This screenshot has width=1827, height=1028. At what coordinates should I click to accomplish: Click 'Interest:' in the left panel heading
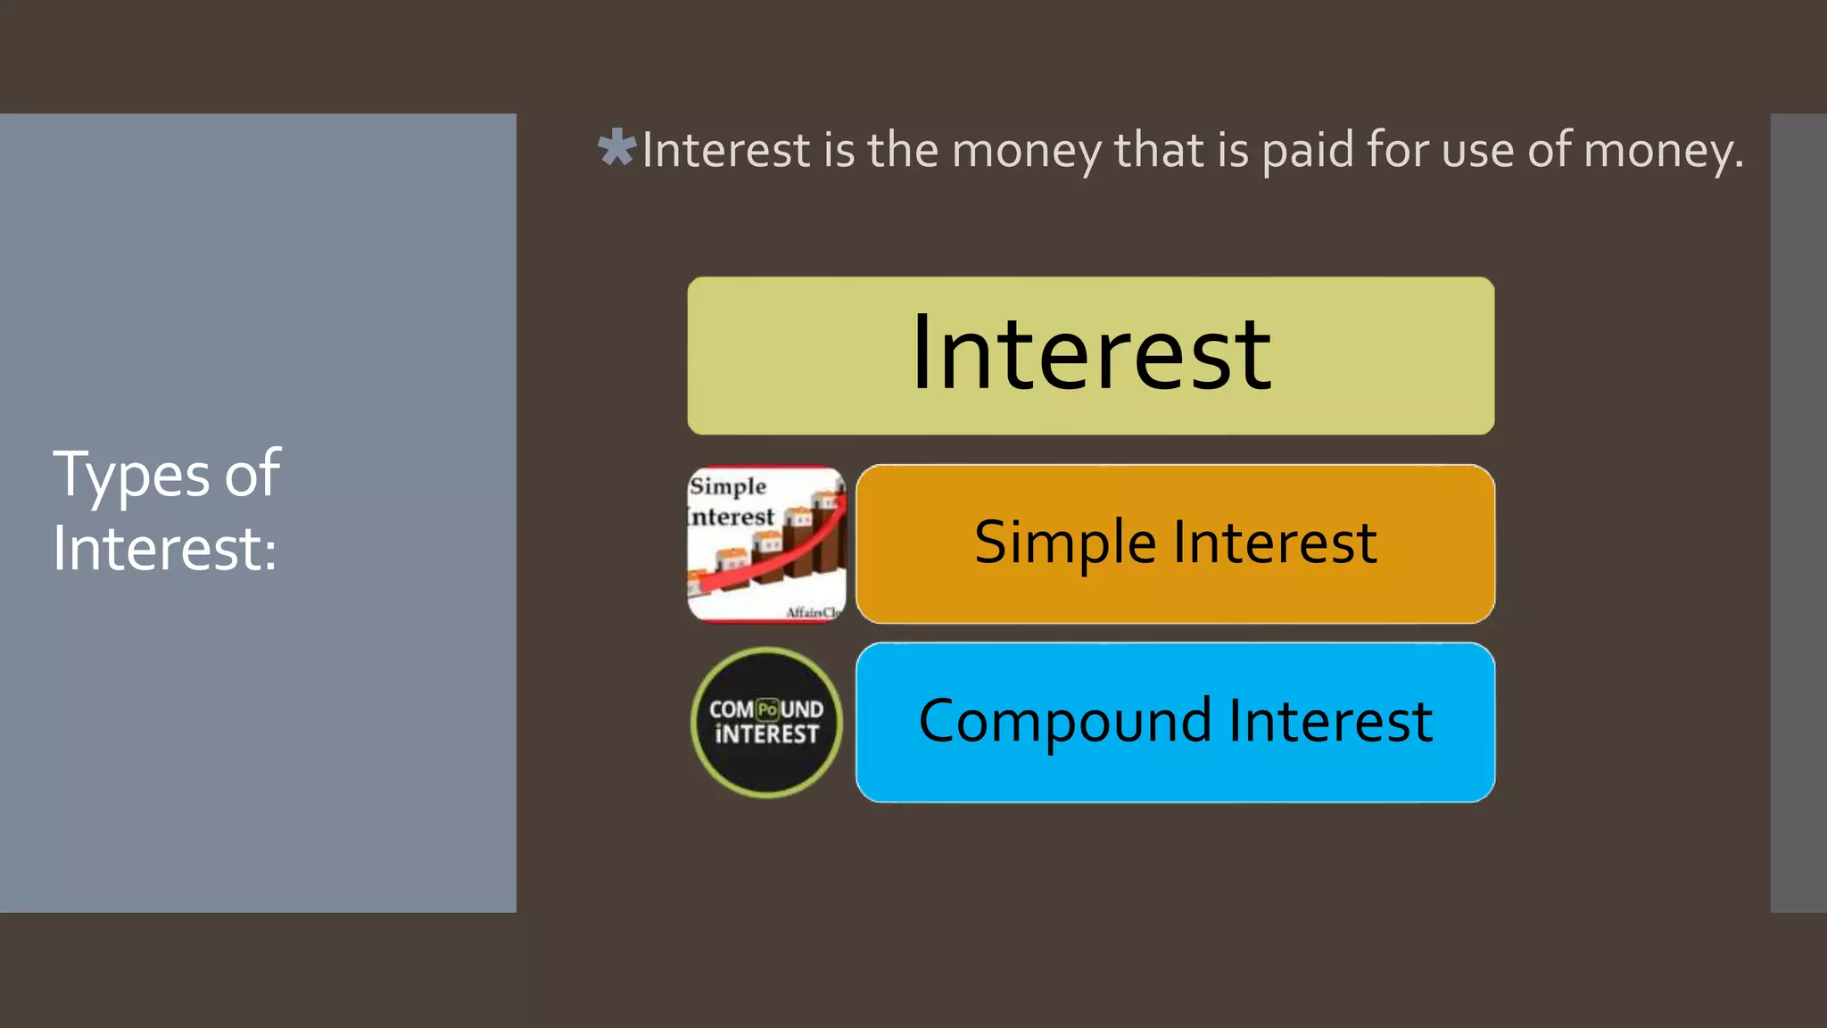(164, 548)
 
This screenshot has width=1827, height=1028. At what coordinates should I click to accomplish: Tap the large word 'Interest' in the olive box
(1091, 354)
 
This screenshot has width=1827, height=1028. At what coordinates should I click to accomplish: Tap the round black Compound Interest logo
(766, 722)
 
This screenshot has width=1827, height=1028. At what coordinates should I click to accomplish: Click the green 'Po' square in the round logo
(767, 710)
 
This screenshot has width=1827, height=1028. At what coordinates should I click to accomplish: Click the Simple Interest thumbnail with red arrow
(766, 543)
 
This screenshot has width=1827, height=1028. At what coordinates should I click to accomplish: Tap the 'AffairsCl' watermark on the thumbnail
(813, 612)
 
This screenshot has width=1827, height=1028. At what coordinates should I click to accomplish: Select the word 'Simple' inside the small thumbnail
(728, 486)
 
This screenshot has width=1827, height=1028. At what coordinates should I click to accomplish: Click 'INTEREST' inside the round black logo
(766, 734)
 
